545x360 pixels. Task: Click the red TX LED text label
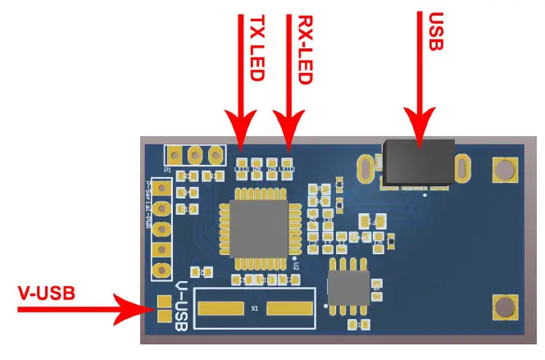257,48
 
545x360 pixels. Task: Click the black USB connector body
418,162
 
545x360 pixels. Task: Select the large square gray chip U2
259,230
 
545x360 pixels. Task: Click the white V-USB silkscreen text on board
182,308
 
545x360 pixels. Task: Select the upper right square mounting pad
504,170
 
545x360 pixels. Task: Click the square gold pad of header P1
175,154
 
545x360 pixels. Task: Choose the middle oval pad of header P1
196,154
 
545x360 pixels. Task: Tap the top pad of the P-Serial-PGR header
164,189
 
